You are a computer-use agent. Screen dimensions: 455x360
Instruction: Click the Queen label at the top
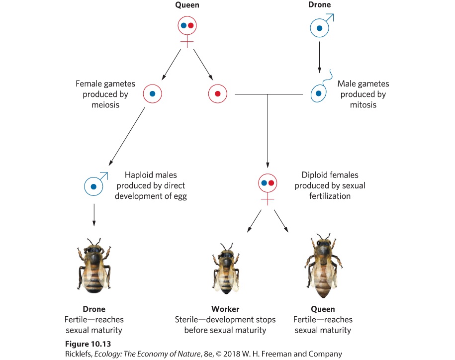187,5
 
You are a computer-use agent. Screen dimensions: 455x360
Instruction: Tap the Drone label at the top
319,4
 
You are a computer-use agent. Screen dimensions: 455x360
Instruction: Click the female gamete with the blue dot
152,93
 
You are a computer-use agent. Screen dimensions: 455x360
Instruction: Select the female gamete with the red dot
218,93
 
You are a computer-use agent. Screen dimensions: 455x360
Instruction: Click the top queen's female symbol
187,31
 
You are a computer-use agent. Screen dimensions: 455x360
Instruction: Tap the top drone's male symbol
322,25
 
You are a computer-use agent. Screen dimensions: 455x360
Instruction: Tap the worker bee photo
226,269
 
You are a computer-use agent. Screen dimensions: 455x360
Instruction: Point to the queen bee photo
323,266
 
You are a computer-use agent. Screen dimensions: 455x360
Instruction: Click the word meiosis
105,105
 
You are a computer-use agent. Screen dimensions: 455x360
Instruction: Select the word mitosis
363,105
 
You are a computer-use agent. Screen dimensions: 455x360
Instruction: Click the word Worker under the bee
225,309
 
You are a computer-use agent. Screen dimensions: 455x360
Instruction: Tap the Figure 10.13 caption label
88,344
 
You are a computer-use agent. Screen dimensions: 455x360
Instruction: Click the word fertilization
330,196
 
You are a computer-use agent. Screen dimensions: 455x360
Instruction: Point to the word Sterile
186,319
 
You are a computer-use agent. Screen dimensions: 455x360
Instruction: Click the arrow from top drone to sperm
319,57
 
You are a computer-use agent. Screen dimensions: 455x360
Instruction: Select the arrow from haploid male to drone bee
93,215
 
